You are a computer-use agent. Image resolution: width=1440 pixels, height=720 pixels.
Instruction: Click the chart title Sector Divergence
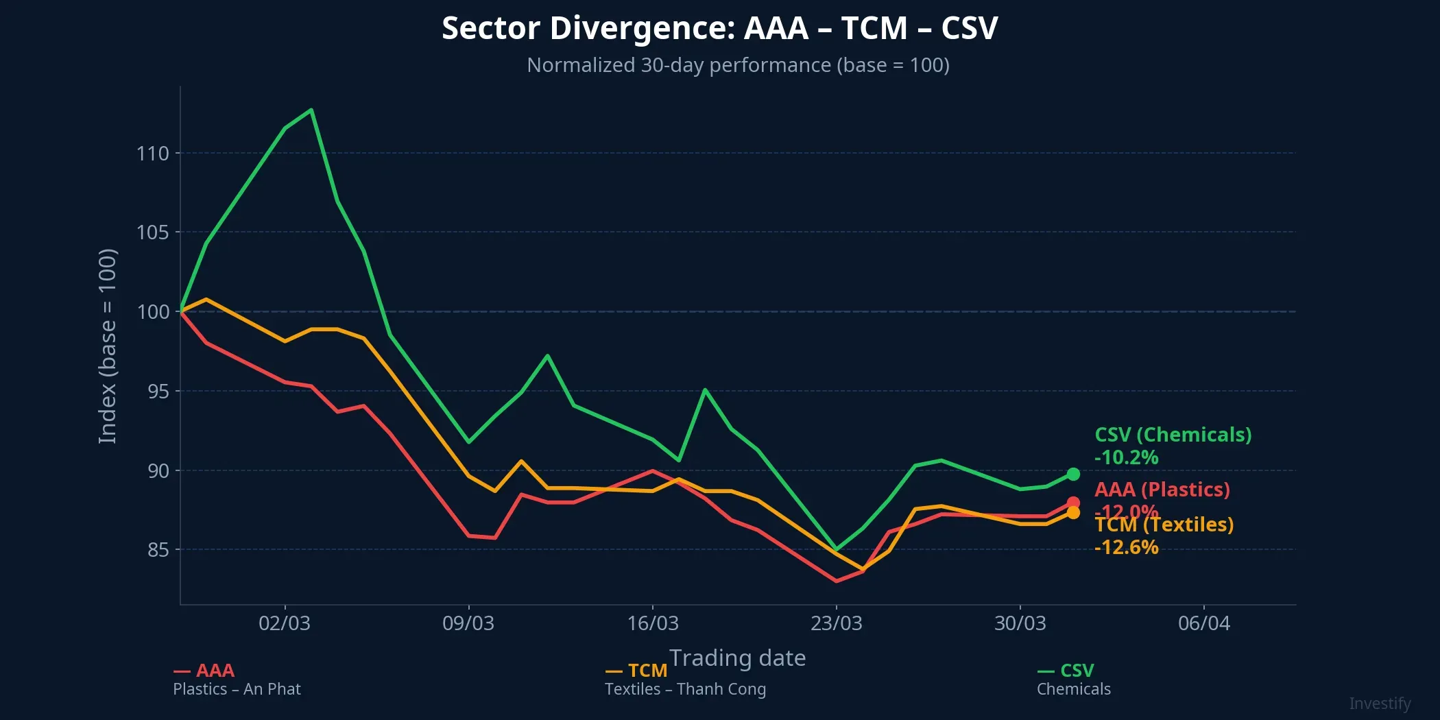click(719, 29)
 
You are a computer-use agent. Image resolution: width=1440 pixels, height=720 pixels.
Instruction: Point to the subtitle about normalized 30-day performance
click(738, 65)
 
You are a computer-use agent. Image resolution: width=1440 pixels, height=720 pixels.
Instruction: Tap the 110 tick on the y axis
click(152, 154)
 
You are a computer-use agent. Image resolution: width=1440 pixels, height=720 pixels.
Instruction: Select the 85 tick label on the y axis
click(157, 550)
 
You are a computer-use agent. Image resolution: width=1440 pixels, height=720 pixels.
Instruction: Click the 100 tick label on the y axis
click(152, 312)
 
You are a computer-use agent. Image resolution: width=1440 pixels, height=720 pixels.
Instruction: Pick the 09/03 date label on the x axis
click(468, 623)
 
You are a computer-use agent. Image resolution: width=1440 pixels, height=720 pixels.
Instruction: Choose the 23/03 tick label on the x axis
click(836, 623)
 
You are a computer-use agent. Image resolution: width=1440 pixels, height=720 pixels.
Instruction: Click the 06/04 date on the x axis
click(1203, 623)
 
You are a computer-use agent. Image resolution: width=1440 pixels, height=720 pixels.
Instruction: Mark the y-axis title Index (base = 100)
click(108, 346)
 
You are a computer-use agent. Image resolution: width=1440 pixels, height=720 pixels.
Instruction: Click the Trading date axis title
click(737, 658)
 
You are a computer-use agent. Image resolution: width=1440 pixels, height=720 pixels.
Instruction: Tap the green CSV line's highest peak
click(311, 110)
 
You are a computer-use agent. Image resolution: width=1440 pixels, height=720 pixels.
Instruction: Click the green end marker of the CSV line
click(1073, 474)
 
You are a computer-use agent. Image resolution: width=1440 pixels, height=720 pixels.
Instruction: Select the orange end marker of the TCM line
click(1073, 513)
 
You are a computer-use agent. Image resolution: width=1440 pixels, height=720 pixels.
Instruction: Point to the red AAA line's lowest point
click(836, 581)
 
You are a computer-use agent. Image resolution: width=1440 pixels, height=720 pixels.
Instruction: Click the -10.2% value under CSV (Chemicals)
click(1126, 457)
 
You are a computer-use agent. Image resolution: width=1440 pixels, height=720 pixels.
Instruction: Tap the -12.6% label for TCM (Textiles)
click(1126, 547)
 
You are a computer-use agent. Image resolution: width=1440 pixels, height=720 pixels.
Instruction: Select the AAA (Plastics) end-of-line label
click(1162, 490)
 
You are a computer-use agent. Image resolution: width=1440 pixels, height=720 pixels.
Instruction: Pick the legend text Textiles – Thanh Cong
click(685, 689)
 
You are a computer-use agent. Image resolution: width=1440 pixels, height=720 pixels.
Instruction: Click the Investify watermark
click(1380, 704)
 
